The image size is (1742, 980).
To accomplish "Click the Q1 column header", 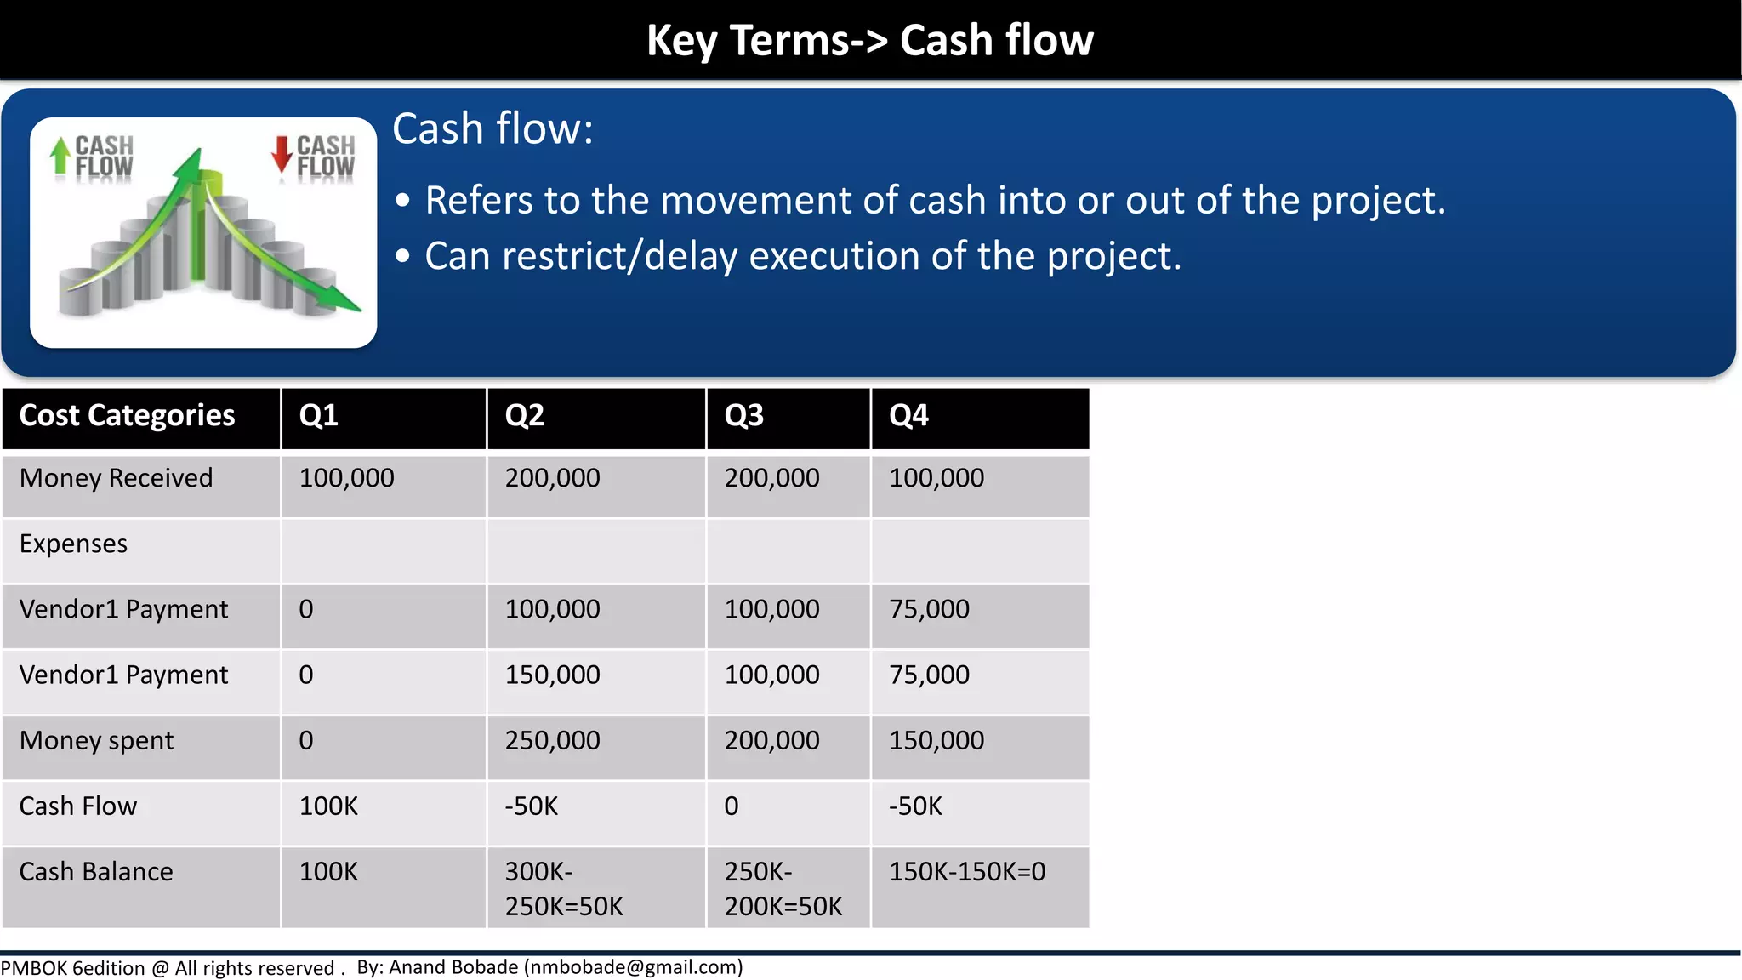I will [x=319, y=416].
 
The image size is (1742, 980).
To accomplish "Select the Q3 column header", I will [x=744, y=416].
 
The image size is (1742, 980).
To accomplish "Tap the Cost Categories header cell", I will [x=128, y=416].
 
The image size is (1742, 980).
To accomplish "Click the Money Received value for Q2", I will [x=553, y=479].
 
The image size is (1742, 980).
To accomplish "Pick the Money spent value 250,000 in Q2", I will [x=553, y=741].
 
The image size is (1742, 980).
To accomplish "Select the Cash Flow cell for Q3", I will [x=732, y=806].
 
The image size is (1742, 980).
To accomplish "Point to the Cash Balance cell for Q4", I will [x=967, y=872].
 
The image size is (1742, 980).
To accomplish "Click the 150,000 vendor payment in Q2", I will [x=553, y=675].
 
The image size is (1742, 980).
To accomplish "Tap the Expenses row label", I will [x=74, y=544].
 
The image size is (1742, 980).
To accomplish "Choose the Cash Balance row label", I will [x=96, y=872].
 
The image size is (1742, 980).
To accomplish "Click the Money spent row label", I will [x=96, y=741].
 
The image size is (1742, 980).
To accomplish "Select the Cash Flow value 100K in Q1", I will [x=329, y=806].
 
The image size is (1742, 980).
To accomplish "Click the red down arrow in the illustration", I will [x=282, y=154].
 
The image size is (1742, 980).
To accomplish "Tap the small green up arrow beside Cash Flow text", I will [x=60, y=156].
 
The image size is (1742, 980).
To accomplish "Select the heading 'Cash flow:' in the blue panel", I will [x=492, y=130].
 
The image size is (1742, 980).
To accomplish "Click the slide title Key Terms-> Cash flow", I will [x=870, y=40].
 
